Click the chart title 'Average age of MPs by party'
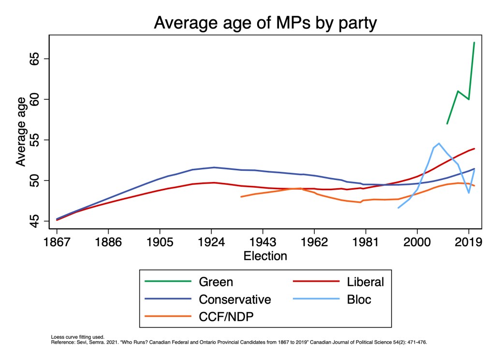265,22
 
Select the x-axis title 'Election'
265,255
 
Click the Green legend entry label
216,282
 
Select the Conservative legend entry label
235,300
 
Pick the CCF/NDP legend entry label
226,317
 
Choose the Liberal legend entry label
365,282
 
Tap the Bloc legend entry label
359,300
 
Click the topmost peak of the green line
474,43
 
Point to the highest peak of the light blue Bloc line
439,143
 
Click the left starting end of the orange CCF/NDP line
241,196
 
